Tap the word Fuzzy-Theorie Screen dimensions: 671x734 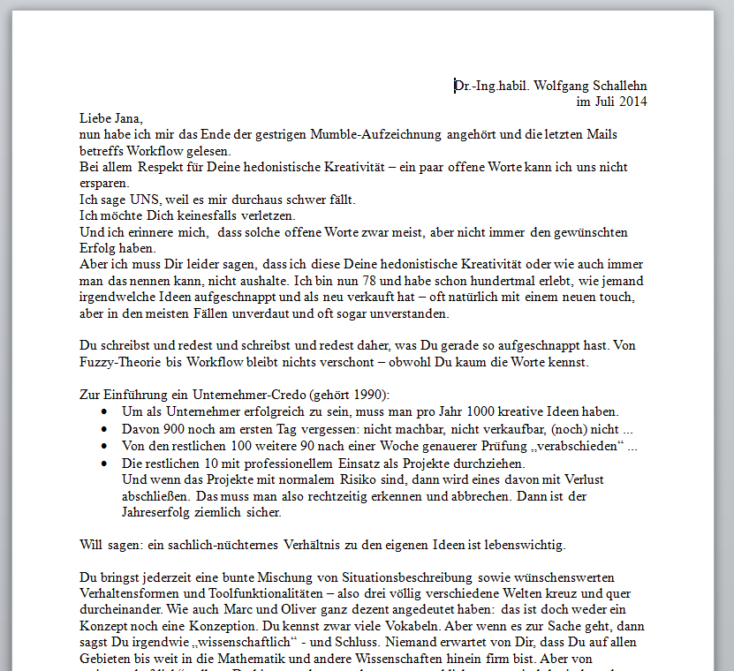pos(118,362)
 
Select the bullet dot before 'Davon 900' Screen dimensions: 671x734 pos(106,428)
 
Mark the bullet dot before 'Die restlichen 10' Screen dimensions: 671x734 pos(106,463)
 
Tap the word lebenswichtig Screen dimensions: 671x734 pos(524,544)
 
